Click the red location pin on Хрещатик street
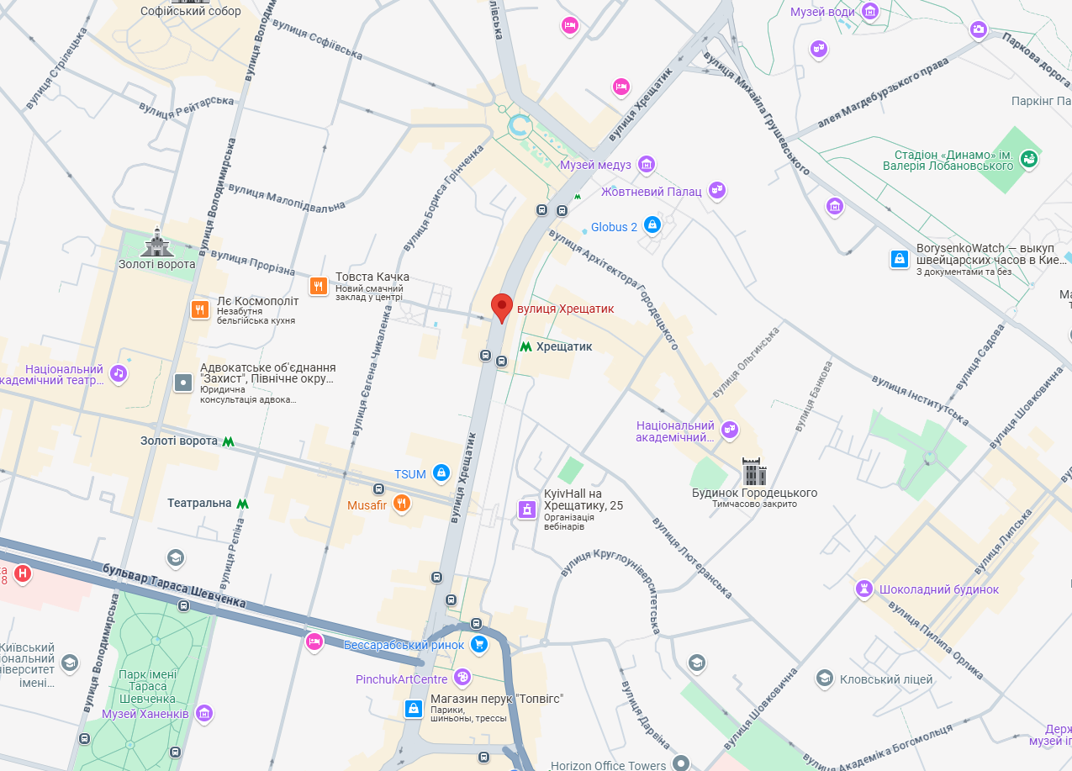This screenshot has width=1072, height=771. point(502,306)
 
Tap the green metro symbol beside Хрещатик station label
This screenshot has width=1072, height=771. point(525,346)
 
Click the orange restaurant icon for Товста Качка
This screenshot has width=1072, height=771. point(318,286)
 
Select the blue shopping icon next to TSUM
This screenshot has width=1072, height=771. point(440,474)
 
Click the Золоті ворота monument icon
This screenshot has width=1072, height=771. point(157,244)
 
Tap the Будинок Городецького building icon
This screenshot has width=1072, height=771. point(754,473)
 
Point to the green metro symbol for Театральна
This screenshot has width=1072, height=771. point(243,504)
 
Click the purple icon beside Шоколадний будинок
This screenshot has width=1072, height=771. point(863,589)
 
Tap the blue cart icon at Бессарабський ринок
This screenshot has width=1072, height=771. point(478,645)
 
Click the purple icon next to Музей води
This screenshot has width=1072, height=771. point(870,12)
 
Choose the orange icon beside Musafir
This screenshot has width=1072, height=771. point(402,504)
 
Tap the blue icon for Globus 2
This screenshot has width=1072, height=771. point(652,225)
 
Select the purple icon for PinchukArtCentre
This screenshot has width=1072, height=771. point(462,678)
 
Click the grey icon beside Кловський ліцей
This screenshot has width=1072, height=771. point(825,679)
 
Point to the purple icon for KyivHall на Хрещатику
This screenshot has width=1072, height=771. point(526,510)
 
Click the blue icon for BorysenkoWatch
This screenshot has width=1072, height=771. point(900,259)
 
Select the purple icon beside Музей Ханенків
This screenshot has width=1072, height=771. point(203,714)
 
